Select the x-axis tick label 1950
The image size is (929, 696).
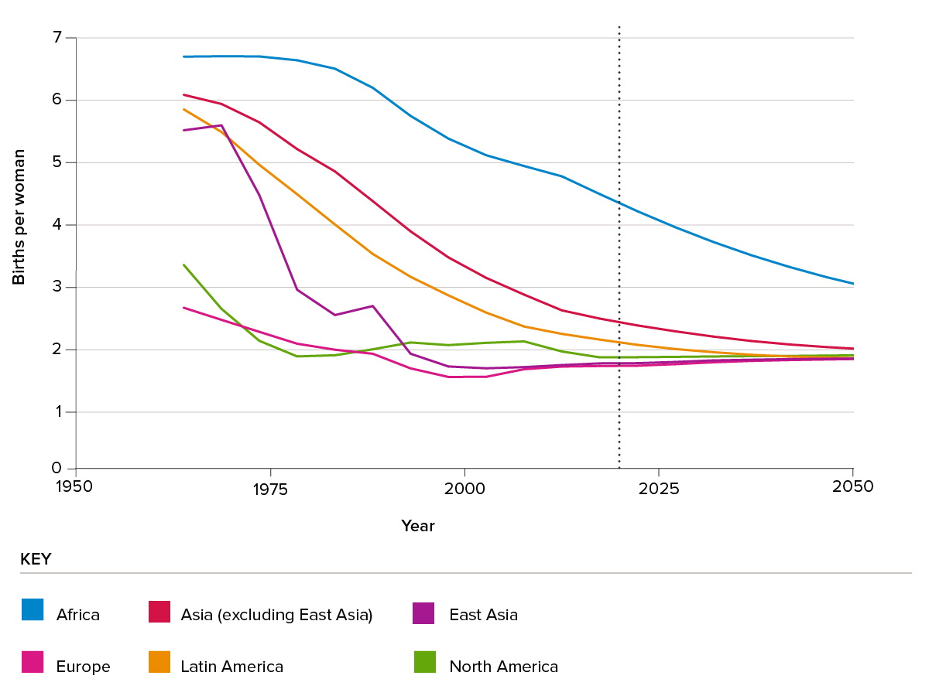coord(76,487)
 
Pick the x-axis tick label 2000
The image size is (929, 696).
coord(464,489)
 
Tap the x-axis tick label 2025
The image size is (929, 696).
coord(658,489)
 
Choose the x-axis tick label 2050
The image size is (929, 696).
coord(852,487)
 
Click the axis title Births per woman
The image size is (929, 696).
coord(19,217)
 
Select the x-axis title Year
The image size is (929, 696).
coord(418,526)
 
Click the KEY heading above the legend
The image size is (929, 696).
coord(36,559)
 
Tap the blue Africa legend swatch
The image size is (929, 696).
coord(33,610)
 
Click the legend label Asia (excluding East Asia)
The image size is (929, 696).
coord(276,615)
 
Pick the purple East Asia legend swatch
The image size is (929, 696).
coord(424,612)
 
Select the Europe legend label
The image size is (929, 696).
coord(83,667)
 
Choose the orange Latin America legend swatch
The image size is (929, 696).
coord(159,663)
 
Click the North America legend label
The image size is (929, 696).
coord(503,667)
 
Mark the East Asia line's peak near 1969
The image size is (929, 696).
coord(221,125)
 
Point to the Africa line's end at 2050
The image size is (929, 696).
coord(852,284)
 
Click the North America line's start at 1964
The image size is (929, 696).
coord(183,264)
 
